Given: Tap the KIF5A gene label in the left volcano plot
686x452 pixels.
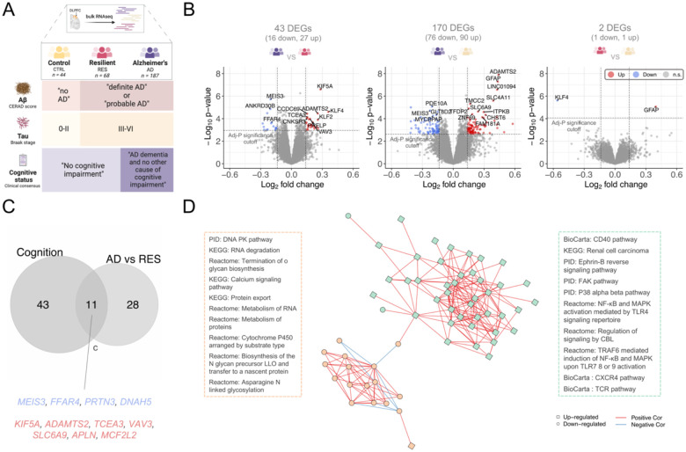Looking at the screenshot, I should [x=325, y=86].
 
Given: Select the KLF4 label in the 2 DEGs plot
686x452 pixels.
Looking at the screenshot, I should [x=561, y=98].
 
